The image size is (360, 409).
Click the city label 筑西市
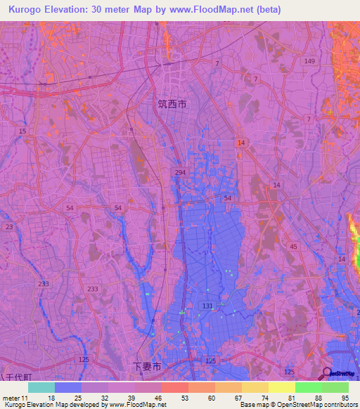coord(172,104)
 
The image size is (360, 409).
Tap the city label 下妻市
coord(148,366)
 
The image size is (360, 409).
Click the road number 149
coord(310,61)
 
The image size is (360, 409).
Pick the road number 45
coord(293,246)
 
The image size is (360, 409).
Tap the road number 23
coord(9,227)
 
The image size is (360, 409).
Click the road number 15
coord(22,131)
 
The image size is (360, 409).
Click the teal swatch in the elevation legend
coord(41,387)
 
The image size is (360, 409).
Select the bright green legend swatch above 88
coord(308,387)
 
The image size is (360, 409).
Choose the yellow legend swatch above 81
coord(281,387)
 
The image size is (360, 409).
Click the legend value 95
coord(344,398)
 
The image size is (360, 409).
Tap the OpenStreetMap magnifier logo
coord(327,374)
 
